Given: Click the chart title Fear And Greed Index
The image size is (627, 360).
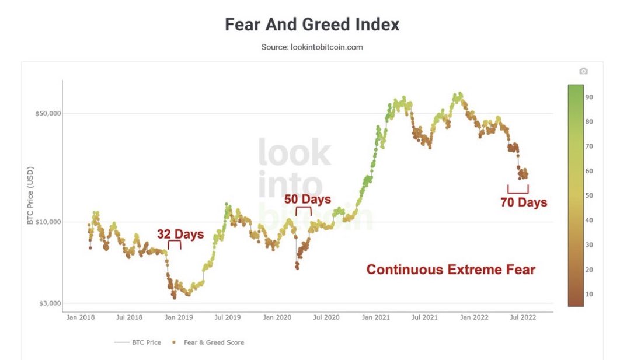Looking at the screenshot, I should (x=312, y=25).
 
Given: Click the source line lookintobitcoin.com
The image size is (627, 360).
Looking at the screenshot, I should (x=312, y=47).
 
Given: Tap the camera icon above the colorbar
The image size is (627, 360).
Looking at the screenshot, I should (x=583, y=71).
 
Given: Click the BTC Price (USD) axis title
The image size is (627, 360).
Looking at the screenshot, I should (x=30, y=196).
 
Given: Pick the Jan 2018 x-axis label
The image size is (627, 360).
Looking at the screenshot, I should (x=80, y=317).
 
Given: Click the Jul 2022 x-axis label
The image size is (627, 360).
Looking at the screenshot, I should (x=523, y=317).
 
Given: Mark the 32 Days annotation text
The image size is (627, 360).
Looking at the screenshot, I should (x=180, y=235).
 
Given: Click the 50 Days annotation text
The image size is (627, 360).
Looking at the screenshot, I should (x=308, y=199).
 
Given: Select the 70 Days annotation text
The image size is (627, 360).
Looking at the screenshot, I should (x=524, y=202).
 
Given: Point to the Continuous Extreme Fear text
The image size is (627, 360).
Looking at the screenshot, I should (x=451, y=270).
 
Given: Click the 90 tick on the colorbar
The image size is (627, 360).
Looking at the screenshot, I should (x=590, y=97).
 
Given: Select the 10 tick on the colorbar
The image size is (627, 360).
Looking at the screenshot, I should (x=590, y=294).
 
